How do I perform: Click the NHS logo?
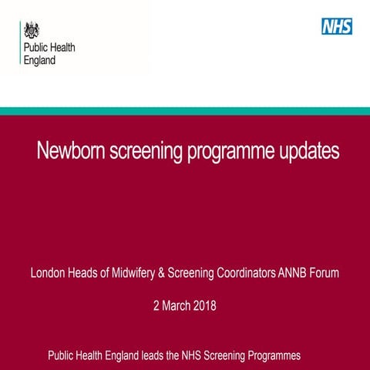point(337,26)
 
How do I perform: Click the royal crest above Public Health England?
point(32,31)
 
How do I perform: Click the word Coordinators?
point(245,272)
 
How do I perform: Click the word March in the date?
point(175,306)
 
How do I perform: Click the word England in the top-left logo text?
point(41,61)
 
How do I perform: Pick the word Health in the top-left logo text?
point(60,49)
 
